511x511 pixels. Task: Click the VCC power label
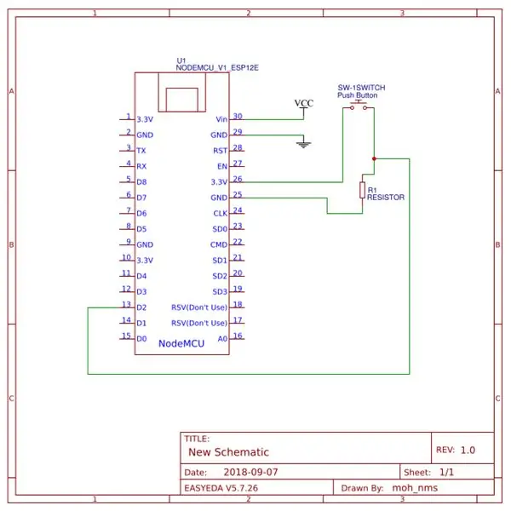[x=304, y=103]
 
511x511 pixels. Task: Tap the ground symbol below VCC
[x=303, y=145]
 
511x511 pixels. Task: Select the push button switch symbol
[x=359, y=106]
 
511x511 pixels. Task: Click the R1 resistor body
[x=362, y=190]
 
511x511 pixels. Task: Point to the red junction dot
[x=374, y=158]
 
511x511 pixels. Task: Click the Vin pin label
[x=221, y=119]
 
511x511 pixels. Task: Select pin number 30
[x=238, y=116]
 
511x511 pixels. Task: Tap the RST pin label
[x=221, y=151]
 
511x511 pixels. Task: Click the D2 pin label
[x=141, y=307]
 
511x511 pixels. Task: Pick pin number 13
[x=126, y=304]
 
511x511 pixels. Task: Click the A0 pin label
[x=222, y=339]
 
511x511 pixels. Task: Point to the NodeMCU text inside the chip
[x=181, y=343]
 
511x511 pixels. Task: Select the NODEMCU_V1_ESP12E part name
[x=217, y=68]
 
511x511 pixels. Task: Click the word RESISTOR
[x=386, y=198]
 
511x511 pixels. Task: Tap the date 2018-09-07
[x=250, y=472]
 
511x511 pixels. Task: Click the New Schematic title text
[x=229, y=452]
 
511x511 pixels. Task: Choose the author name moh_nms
[x=415, y=488]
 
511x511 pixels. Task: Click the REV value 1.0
[x=468, y=450]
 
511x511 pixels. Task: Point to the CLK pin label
[x=221, y=214]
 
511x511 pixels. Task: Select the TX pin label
[x=141, y=151]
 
